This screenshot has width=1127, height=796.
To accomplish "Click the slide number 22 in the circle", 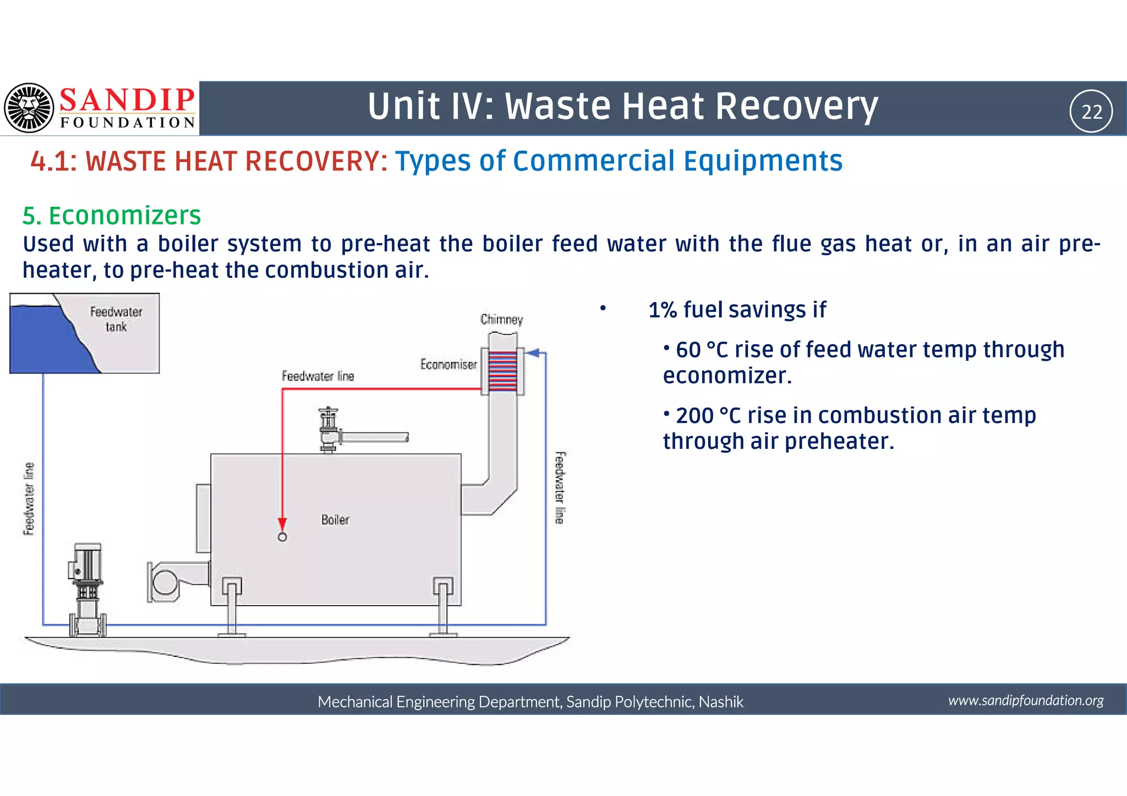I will (x=1092, y=112).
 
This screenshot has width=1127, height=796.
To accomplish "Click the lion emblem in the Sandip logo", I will (x=29, y=108).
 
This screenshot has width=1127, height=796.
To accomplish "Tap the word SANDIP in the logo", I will (x=127, y=100).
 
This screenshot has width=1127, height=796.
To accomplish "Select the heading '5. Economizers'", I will (x=112, y=215).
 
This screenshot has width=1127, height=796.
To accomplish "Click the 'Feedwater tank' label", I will (x=116, y=319).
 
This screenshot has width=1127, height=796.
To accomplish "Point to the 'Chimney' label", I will (x=501, y=320).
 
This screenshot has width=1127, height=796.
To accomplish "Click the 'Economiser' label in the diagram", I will (x=448, y=364).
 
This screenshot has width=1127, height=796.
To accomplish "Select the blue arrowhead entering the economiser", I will (x=532, y=353).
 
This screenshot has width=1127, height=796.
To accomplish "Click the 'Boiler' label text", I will (x=335, y=520).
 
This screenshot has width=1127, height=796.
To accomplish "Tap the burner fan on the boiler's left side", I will (x=165, y=582).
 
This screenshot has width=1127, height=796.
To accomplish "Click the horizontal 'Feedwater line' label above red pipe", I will (x=318, y=376).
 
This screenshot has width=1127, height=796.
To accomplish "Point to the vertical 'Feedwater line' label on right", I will (x=559, y=487).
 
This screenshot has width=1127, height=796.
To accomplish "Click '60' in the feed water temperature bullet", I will (x=688, y=350).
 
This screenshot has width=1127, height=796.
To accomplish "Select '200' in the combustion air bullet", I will (x=694, y=415).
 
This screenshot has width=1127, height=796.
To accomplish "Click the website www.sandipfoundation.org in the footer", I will (x=1026, y=700).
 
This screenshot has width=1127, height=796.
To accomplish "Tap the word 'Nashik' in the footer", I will (x=721, y=702).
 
